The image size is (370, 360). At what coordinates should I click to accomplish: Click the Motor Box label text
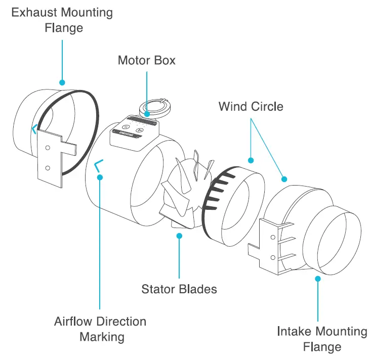coord(146,61)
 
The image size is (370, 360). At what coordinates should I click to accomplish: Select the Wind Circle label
coord(251,107)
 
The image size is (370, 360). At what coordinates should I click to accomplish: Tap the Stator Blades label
coord(179,289)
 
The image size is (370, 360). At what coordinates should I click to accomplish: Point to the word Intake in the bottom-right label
coord(295,332)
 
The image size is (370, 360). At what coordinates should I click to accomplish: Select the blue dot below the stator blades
coord(179,235)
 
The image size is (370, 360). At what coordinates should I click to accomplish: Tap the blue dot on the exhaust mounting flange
coord(62,82)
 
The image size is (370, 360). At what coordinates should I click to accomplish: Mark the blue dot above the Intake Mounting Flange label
coord(318,278)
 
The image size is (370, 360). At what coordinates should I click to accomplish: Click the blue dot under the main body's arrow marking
coord(100,177)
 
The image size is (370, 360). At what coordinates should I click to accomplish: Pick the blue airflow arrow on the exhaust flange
coord(34,129)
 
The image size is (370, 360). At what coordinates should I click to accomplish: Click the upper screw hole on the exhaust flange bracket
coord(47,148)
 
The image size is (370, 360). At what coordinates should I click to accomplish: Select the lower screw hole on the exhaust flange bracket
coord(47,167)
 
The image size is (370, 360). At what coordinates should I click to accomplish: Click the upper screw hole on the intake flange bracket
coord(273,237)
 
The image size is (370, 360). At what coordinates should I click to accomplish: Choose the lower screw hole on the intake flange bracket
coord(273,257)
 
